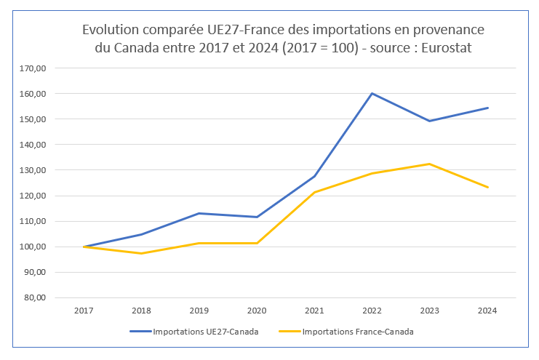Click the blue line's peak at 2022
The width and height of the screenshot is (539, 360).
[x=372, y=93]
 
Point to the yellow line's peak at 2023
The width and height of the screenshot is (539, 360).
[x=429, y=164]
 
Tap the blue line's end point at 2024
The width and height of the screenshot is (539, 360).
[x=487, y=108]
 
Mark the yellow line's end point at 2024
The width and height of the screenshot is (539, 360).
[x=487, y=187]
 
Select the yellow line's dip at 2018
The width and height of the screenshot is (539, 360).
[x=141, y=253]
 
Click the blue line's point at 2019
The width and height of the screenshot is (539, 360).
[x=199, y=213]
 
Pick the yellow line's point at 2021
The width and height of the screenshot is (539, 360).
[x=314, y=192]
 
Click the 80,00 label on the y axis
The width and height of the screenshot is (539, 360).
[x=36, y=297]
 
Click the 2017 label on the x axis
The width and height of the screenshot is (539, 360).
[x=84, y=311]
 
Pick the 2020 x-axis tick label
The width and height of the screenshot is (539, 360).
[x=257, y=311]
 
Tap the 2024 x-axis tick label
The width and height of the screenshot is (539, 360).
[x=487, y=311]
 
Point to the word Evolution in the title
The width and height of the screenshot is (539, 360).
[x=114, y=30]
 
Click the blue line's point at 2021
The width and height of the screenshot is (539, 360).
[x=314, y=176]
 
